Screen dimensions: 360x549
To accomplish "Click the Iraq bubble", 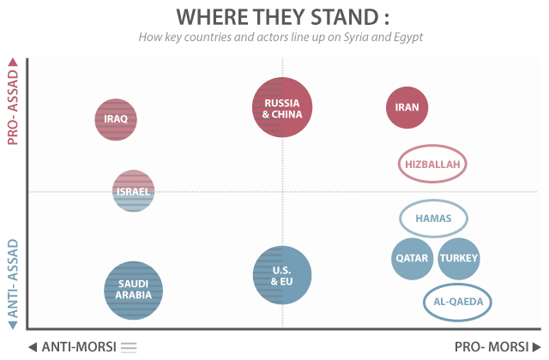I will tap(116, 119).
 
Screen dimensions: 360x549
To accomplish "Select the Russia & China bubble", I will tap(282, 107).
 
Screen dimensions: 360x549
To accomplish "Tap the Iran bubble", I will tap(407, 108).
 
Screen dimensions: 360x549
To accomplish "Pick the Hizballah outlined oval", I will tap(435, 164).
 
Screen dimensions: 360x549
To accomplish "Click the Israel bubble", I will tap(133, 190).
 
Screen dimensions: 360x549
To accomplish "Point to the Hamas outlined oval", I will tap(433, 218).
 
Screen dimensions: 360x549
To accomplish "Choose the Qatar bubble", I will tap(412, 258).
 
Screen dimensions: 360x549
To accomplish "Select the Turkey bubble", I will tap(459, 258).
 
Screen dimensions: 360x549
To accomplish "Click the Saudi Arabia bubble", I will tap(134, 290).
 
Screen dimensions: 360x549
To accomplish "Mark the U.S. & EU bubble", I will tap(282, 275).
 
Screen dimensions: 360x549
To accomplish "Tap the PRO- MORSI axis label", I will tap(491, 347).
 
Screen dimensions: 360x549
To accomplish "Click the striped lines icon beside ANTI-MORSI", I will tap(129, 347).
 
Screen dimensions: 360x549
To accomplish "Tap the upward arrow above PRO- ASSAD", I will tap(13, 63).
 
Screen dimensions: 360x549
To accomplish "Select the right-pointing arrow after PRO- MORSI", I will tap(536, 347).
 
